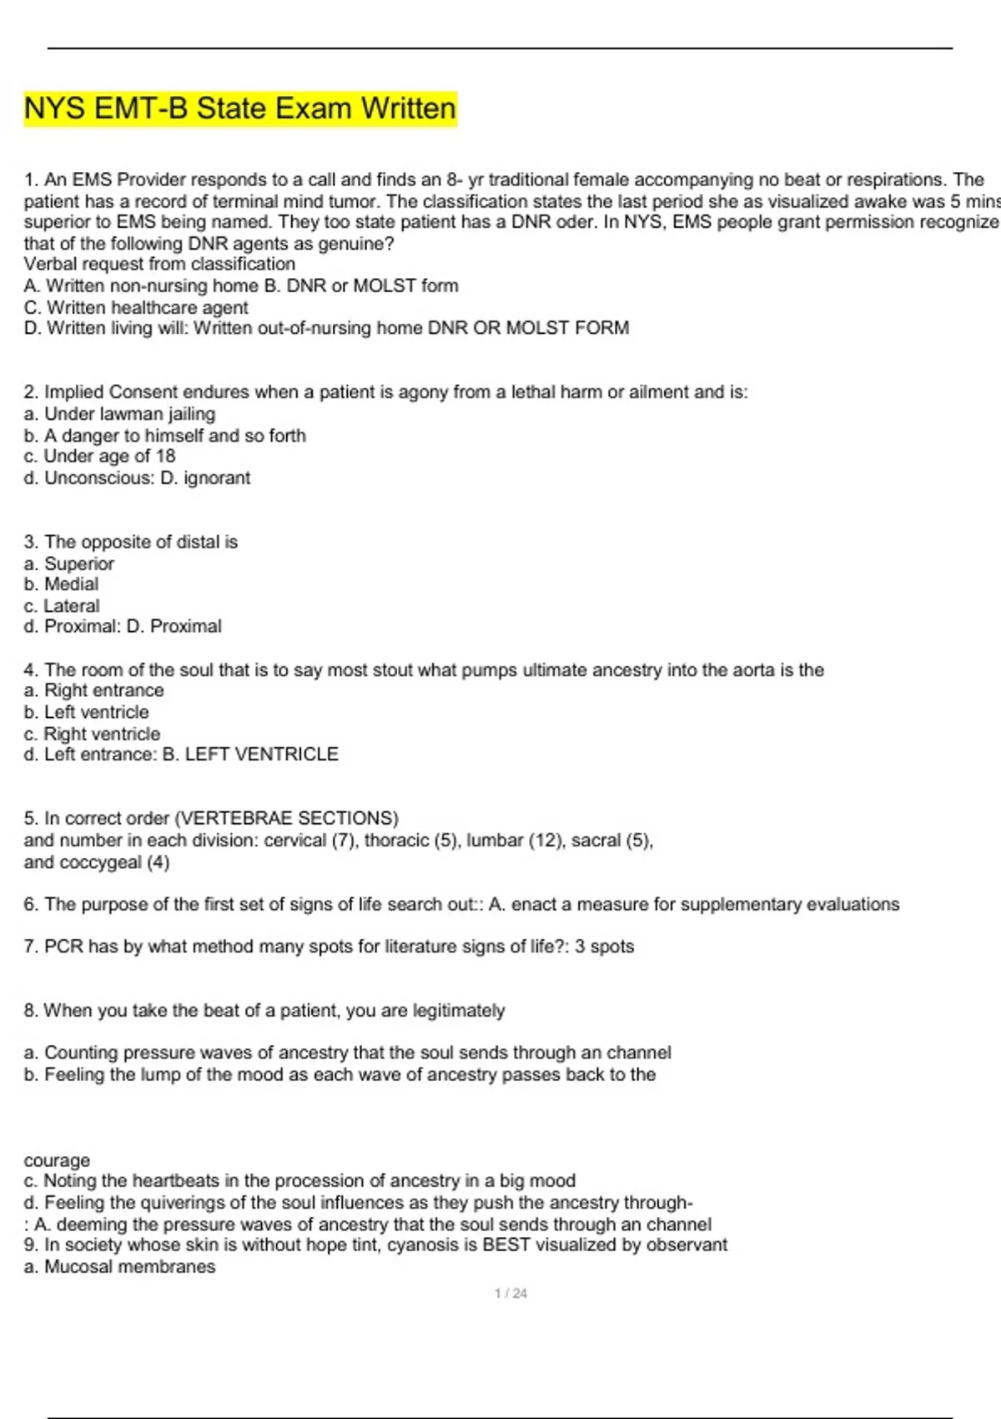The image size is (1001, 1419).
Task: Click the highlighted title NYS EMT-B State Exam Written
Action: tap(240, 109)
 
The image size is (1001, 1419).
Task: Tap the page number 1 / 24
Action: tap(511, 1293)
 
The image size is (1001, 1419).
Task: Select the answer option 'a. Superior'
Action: tap(69, 563)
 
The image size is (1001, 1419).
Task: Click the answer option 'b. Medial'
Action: tap(61, 584)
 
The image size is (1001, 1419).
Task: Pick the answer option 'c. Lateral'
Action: tap(62, 606)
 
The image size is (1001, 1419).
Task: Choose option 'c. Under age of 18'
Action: tap(99, 456)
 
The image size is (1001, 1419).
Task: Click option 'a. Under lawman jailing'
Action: tap(119, 414)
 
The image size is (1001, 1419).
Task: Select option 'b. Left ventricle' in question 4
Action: tap(86, 712)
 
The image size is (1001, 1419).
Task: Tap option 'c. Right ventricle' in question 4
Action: tap(92, 734)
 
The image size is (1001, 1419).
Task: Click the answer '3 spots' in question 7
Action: tap(604, 947)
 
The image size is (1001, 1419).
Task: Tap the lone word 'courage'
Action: tap(57, 1160)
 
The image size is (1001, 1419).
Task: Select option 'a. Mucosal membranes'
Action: tap(119, 1267)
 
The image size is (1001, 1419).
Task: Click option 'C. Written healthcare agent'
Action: tap(136, 307)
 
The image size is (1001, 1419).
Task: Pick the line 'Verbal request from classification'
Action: tap(159, 264)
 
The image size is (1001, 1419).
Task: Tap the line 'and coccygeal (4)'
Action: tap(97, 862)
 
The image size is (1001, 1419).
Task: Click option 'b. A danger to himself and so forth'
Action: tap(164, 436)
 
